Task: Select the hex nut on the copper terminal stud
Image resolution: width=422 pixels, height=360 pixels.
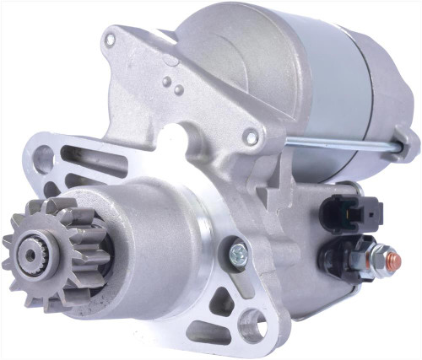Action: [x=379, y=253]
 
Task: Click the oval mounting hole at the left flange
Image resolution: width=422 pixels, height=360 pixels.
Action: [x=44, y=159]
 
